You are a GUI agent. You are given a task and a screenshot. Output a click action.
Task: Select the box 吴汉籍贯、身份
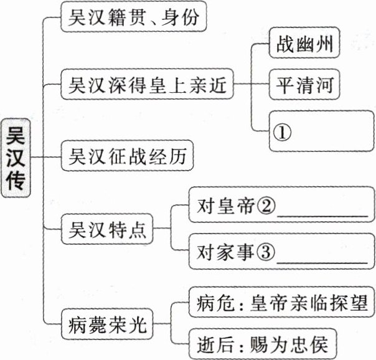pyautogui.click(x=133, y=18)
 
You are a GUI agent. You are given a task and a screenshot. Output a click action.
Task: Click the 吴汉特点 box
pyautogui.click(x=108, y=229)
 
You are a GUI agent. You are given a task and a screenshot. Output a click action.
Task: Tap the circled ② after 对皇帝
pyautogui.click(x=266, y=206)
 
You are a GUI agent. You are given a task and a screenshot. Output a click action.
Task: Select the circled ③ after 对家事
pyautogui.click(x=266, y=252)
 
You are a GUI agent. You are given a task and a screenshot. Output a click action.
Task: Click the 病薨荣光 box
pyautogui.click(x=108, y=324)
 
